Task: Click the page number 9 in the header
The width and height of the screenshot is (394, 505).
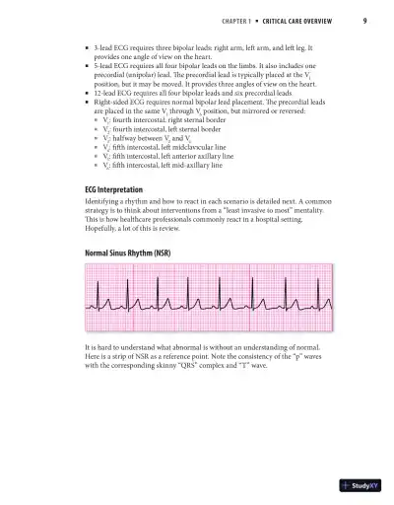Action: click(x=364, y=22)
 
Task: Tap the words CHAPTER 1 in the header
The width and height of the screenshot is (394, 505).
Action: click(x=236, y=22)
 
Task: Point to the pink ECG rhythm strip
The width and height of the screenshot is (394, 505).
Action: click(x=197, y=301)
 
